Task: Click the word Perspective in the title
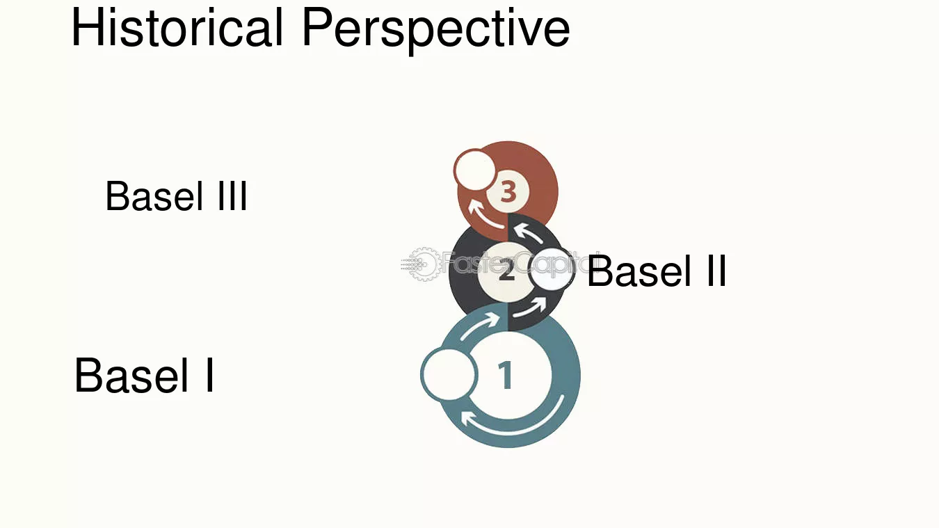point(435,30)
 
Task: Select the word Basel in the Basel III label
point(154,196)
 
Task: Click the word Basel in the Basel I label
point(131,375)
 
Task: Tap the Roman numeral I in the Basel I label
point(209,375)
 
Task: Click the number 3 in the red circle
point(508,192)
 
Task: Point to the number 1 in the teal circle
point(506,374)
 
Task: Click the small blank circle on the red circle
point(475,170)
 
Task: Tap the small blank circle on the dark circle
point(551,269)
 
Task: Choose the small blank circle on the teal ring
point(449,374)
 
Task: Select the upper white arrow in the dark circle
point(528,232)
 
